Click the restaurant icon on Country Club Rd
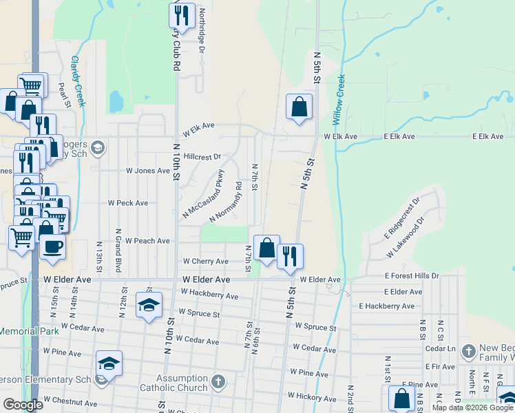(182, 15)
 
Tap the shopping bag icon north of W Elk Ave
(299, 107)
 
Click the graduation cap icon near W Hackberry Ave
(148, 305)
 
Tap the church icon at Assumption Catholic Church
(218, 381)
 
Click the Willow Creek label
(338, 100)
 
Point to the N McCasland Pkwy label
(203, 195)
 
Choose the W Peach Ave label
(147, 241)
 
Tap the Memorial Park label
(28, 331)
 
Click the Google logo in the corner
(22, 405)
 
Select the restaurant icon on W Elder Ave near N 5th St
(290, 256)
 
